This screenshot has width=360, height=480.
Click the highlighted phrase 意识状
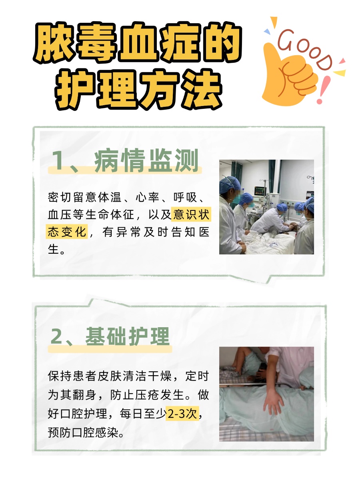coord(190,215)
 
